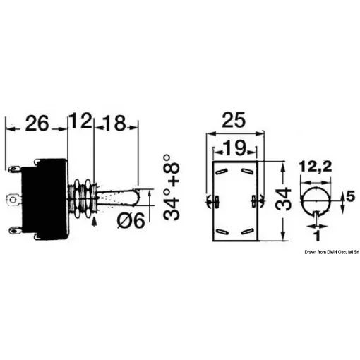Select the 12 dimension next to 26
click(x=83, y=123)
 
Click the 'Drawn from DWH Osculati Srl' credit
click(x=332, y=251)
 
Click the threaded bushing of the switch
click(x=83, y=198)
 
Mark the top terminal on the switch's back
click(x=16, y=169)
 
